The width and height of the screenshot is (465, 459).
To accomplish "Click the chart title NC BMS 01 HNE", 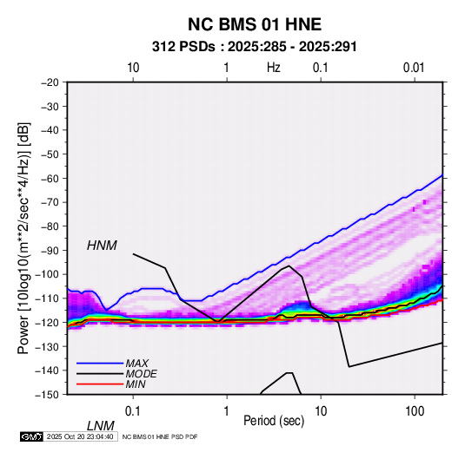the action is pyautogui.click(x=255, y=24).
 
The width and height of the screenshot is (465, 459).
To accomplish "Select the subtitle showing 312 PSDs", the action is pyautogui.click(x=254, y=47).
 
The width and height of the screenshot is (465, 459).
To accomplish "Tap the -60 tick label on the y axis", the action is pyautogui.click(x=50, y=178).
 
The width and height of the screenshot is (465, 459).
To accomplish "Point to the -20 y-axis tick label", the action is pyautogui.click(x=50, y=82).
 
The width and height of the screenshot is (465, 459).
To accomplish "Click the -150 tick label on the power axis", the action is pyautogui.click(x=47, y=395).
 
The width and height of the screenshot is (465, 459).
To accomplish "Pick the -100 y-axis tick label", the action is pyautogui.click(x=47, y=274).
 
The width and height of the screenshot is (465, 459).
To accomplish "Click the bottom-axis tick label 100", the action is pyautogui.click(x=415, y=410).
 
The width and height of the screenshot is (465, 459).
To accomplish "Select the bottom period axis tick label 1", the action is pyautogui.click(x=226, y=410).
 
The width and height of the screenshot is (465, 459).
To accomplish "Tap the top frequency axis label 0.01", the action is pyautogui.click(x=414, y=68).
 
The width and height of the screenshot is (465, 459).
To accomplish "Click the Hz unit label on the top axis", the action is pyautogui.click(x=274, y=68).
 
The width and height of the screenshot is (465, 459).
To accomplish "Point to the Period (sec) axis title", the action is pyautogui.click(x=274, y=421).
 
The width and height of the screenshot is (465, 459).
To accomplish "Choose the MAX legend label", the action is pyautogui.click(x=136, y=364).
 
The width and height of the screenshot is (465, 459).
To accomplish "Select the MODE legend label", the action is pyautogui.click(x=141, y=374).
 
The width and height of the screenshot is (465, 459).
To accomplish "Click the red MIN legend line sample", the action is pyautogui.click(x=100, y=384).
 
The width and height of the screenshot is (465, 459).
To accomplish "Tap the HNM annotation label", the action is pyautogui.click(x=102, y=246).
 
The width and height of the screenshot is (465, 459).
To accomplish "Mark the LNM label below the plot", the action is pyautogui.click(x=101, y=426).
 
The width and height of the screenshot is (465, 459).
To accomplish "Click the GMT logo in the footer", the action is pyautogui.click(x=31, y=436).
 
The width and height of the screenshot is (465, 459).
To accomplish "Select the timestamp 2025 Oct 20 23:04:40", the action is pyautogui.click(x=80, y=436).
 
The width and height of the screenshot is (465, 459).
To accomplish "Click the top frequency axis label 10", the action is pyautogui.click(x=133, y=68).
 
